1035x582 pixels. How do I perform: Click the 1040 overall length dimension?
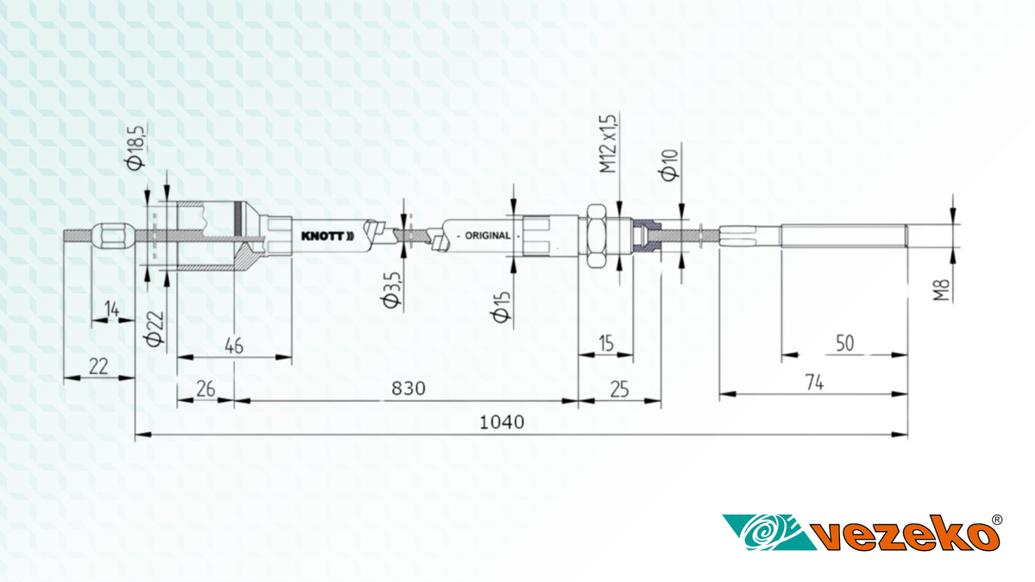[502, 422]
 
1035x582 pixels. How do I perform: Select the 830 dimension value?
[409, 389]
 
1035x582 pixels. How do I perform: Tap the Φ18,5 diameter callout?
[135, 147]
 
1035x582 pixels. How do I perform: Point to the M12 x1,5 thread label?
[608, 143]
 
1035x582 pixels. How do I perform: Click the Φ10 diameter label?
[669, 165]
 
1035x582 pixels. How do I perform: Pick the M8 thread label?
[941, 290]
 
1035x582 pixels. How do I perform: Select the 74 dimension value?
[814, 383]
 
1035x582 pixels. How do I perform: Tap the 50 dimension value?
[845, 343]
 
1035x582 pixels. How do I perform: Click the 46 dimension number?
[234, 346]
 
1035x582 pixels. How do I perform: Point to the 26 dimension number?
[205, 389]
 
